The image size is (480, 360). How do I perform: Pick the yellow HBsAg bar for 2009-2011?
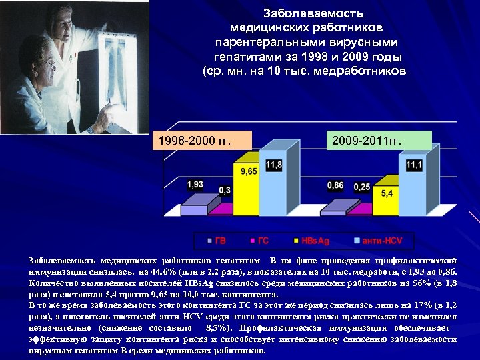(385, 203)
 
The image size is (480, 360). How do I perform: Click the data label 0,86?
(335, 185)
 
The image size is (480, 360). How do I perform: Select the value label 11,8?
(274, 165)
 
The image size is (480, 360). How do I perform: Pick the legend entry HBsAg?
(312, 240)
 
